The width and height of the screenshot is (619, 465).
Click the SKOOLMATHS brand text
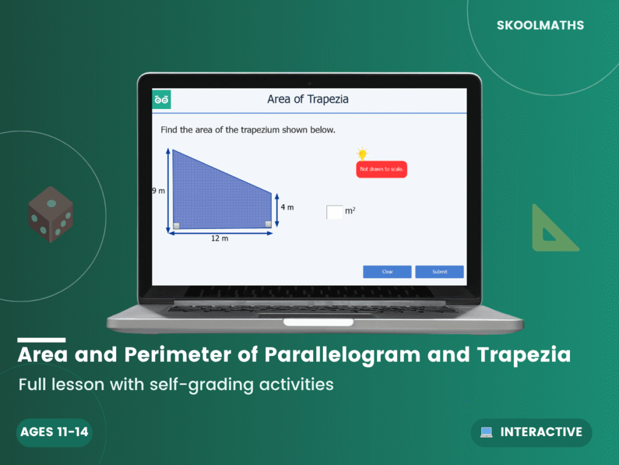[x=540, y=25]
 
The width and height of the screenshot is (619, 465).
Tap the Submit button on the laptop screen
[x=439, y=272]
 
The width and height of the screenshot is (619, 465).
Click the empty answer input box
[x=334, y=212]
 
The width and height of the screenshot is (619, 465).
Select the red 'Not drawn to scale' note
[x=381, y=169]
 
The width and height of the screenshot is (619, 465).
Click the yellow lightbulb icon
[x=362, y=154]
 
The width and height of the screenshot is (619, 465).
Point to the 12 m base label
[x=219, y=239]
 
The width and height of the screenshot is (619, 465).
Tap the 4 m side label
[x=287, y=207]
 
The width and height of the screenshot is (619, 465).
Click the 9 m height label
[x=158, y=191]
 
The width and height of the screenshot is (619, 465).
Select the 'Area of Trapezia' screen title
[x=308, y=99]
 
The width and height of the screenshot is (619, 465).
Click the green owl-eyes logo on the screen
[x=161, y=99]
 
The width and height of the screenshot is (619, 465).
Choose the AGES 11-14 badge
[x=54, y=432]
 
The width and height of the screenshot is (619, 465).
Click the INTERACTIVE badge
[x=531, y=432]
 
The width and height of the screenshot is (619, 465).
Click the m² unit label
[x=350, y=211]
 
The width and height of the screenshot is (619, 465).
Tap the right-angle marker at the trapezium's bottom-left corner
[x=176, y=226]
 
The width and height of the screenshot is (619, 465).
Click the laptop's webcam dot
[x=309, y=82]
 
